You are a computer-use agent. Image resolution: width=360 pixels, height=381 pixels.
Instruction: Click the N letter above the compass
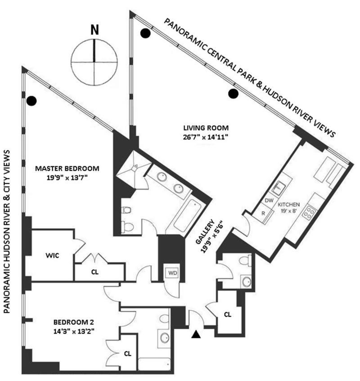(94, 30)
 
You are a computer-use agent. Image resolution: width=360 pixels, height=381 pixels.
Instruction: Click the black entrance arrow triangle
(196, 334)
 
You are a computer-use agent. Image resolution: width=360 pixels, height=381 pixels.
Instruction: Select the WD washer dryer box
(173, 273)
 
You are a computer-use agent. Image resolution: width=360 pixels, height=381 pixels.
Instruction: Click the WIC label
(53, 256)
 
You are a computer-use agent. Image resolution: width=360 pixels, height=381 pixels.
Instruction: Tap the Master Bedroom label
(67, 173)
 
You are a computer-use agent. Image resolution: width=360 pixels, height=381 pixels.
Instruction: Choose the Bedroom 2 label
(74, 326)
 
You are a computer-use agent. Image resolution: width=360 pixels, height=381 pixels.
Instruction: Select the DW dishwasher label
(269, 200)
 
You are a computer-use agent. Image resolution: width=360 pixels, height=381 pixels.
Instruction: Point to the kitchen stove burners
(309, 211)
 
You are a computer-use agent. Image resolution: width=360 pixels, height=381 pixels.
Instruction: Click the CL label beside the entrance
(228, 314)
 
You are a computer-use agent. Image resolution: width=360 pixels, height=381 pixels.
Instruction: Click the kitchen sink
(279, 185)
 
